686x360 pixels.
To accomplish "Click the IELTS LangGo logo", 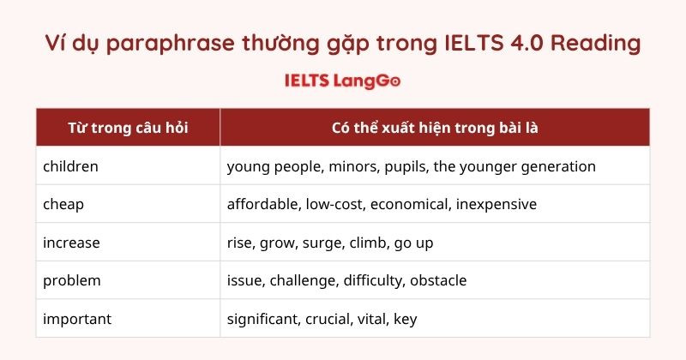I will (x=342, y=81).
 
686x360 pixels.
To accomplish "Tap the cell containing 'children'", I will (x=71, y=166).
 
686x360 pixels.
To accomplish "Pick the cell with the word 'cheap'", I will (x=63, y=204).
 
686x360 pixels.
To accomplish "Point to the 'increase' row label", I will (x=71, y=243).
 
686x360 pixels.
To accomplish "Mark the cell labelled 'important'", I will (x=77, y=319).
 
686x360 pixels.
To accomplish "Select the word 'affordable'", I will (x=262, y=204).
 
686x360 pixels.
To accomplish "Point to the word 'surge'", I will (x=322, y=243).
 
